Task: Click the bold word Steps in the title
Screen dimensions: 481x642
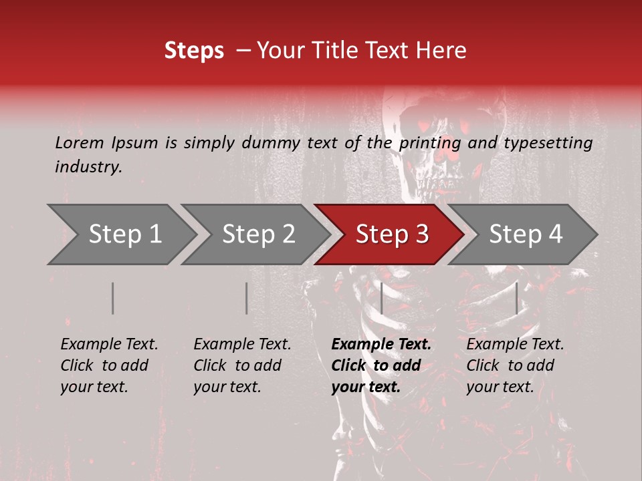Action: (194, 50)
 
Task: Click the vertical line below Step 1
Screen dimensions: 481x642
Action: (113, 298)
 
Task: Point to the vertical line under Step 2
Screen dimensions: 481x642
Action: (247, 298)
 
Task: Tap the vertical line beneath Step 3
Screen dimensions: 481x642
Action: (382, 298)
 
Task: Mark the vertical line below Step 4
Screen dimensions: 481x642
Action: (517, 298)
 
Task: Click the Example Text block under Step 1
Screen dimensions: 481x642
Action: (109, 365)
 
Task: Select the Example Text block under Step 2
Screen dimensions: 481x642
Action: (242, 365)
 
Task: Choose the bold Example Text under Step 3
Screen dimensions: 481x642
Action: (381, 365)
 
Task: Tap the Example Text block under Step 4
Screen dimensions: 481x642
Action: (515, 365)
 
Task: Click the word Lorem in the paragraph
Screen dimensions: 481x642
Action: (80, 142)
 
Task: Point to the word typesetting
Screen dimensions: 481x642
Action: (548, 143)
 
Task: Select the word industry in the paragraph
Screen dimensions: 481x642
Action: (88, 166)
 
